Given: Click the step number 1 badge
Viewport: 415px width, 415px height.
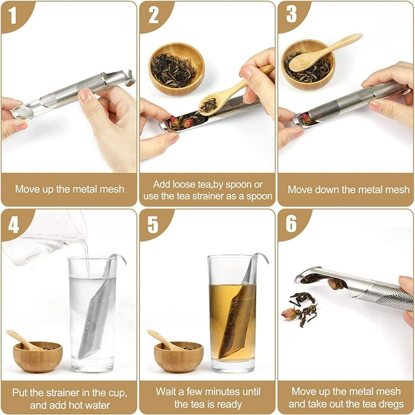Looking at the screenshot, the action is (x=13, y=15).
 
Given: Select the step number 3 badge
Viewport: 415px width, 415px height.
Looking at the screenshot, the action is (x=291, y=15).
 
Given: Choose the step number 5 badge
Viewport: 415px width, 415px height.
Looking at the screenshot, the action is (x=153, y=224).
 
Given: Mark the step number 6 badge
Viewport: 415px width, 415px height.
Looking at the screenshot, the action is (x=291, y=224).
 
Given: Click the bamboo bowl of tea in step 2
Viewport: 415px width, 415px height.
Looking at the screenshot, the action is (x=176, y=69).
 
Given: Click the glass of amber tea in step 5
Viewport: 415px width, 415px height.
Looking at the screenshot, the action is (x=233, y=313).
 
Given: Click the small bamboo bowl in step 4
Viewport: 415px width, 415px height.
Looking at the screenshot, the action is (x=38, y=357).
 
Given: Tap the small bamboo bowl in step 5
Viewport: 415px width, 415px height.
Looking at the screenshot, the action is (x=179, y=357).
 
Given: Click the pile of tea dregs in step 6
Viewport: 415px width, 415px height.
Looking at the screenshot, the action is (x=300, y=309).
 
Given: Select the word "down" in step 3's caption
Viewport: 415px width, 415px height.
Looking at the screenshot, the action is (x=326, y=190).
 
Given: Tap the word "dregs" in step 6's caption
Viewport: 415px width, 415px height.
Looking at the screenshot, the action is (x=391, y=404).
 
